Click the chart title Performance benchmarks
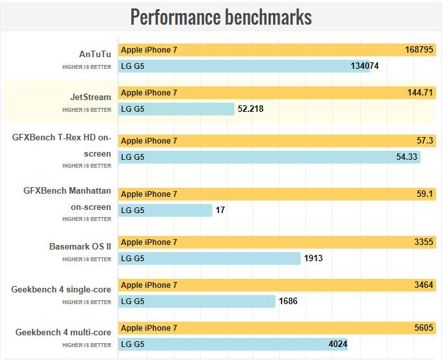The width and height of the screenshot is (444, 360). pos(221,17)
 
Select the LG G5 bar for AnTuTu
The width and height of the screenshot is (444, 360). pos(244,66)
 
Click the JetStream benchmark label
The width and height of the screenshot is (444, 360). pos(90,97)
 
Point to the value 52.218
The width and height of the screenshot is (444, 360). pos(250,109)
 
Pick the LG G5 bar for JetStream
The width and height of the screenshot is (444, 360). pos(176,109)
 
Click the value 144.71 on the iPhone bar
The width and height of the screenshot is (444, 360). pos(420,93)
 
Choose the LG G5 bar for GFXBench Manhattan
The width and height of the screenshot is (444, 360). pos(166,210)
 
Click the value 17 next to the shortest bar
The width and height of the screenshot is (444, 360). pos(220,210)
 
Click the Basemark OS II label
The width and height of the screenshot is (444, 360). pos(80,246)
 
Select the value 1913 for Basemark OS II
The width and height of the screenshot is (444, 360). pos(313,258)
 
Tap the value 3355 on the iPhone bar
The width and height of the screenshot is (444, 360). pos(423,242)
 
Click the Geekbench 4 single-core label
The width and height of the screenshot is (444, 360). pos(61,289)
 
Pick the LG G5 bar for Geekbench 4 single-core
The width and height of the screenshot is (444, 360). pos(197,301)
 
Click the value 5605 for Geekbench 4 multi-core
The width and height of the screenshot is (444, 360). pos(423,328)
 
